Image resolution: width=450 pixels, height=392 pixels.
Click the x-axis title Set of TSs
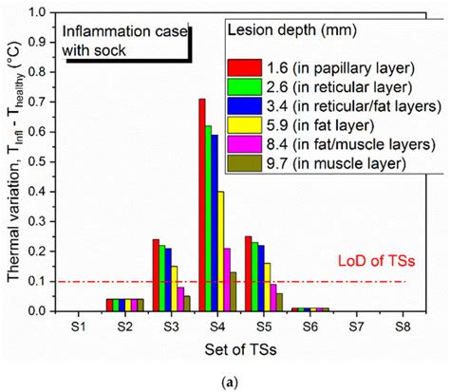tap(244, 346)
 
